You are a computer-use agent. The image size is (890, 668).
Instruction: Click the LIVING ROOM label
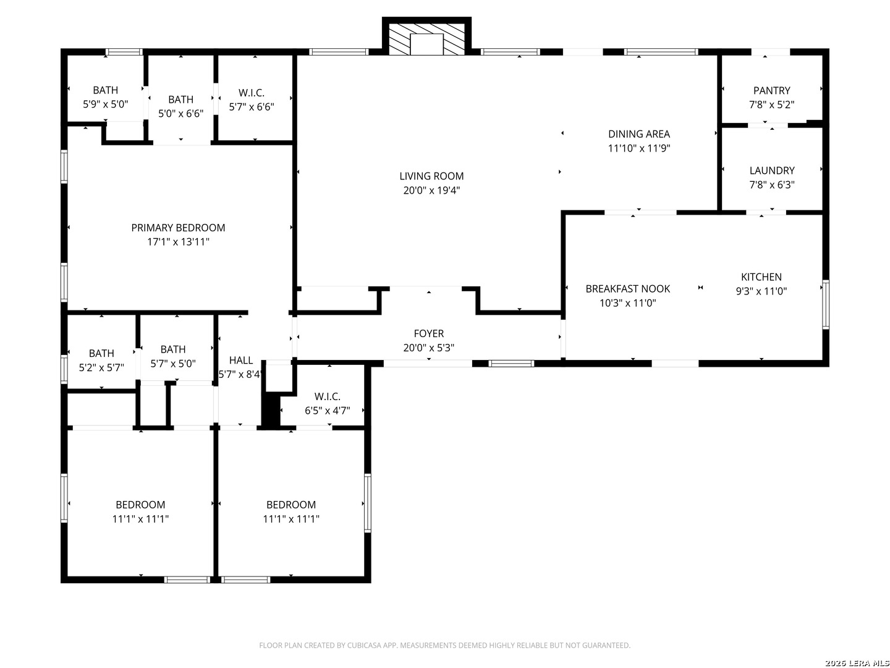point(431,176)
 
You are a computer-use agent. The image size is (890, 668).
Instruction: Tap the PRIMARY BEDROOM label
point(178,228)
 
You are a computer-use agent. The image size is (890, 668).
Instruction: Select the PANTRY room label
point(771,90)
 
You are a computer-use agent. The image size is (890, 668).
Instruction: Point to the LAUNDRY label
point(772,171)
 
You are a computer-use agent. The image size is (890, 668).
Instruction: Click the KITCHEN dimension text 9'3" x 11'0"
point(761,291)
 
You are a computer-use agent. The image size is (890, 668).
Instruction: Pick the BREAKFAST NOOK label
point(628,289)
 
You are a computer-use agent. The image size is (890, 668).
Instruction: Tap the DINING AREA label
point(639,134)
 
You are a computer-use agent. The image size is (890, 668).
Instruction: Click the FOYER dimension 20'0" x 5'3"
point(428,348)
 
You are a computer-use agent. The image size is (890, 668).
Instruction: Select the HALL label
point(241,361)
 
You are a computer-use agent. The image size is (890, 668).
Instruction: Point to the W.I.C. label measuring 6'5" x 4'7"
point(327,396)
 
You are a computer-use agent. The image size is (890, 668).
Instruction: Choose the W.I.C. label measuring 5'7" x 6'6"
point(252,93)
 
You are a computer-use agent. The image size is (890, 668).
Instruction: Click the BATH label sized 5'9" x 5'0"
point(106,90)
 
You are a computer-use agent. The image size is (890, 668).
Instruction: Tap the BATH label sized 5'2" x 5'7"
point(101,354)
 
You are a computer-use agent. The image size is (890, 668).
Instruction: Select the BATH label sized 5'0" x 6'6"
point(181,100)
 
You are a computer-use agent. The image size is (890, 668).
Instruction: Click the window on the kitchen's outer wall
point(825,304)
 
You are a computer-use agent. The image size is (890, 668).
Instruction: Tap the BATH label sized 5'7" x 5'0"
point(173,349)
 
